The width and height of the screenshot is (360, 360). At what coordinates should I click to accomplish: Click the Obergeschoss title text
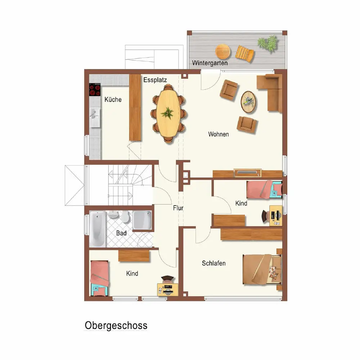pyautogui.click(x=116, y=325)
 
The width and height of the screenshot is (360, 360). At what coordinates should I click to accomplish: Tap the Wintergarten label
pyautogui.click(x=210, y=63)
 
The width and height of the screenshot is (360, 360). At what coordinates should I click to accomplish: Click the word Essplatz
pyautogui.click(x=155, y=80)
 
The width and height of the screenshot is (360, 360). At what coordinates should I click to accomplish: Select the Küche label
pyautogui.click(x=113, y=99)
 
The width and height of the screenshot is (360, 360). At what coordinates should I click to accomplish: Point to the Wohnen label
pyautogui.click(x=219, y=134)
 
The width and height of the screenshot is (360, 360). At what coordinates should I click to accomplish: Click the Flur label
pyautogui.click(x=178, y=208)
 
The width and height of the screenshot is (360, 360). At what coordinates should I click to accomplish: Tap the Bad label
pyautogui.click(x=121, y=233)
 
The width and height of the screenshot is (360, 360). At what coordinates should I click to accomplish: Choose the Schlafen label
pyautogui.click(x=213, y=263)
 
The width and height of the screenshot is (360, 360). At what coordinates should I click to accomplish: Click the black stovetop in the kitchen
pyautogui.click(x=95, y=90)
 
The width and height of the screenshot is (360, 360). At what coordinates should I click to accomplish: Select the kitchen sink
pyautogui.click(x=95, y=117)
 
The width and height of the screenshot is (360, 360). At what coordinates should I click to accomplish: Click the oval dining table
pyautogui.click(x=168, y=113)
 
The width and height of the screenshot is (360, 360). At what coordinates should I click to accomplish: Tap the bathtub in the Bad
pyautogui.click(x=98, y=229)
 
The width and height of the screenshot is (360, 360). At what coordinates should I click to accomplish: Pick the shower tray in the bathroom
pyautogui.click(x=142, y=220)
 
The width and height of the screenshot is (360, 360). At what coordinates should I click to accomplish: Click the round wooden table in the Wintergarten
pyautogui.click(x=223, y=51)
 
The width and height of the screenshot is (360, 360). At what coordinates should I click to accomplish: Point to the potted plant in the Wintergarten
pyautogui.click(x=268, y=43)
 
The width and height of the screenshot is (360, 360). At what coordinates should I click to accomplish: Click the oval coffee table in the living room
pyautogui.click(x=248, y=102)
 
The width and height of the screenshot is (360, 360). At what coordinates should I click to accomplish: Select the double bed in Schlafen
pyautogui.click(x=262, y=269)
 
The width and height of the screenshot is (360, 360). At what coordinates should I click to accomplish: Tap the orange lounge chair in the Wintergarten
pyautogui.click(x=245, y=54)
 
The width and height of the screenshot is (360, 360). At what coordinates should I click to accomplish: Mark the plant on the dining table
pyautogui.click(x=167, y=113)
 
